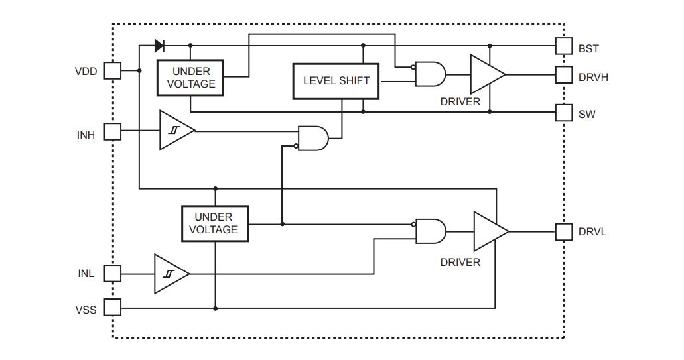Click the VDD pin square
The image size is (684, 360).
click(113, 70)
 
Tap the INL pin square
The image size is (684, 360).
click(113, 273)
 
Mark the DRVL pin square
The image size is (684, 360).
click(563, 231)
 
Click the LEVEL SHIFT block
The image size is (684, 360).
click(336, 81)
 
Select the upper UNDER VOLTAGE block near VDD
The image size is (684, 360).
click(190, 78)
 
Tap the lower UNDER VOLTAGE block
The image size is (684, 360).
click(215, 223)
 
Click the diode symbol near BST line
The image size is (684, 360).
click(159, 46)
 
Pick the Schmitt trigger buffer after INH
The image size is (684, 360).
click(175, 131)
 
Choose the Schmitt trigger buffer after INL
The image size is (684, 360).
click(170, 273)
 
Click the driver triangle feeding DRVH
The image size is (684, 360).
click(486, 74)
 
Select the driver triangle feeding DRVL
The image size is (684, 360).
click(489, 231)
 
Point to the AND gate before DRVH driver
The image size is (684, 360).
click(430, 74)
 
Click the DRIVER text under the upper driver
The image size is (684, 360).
click(460, 102)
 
